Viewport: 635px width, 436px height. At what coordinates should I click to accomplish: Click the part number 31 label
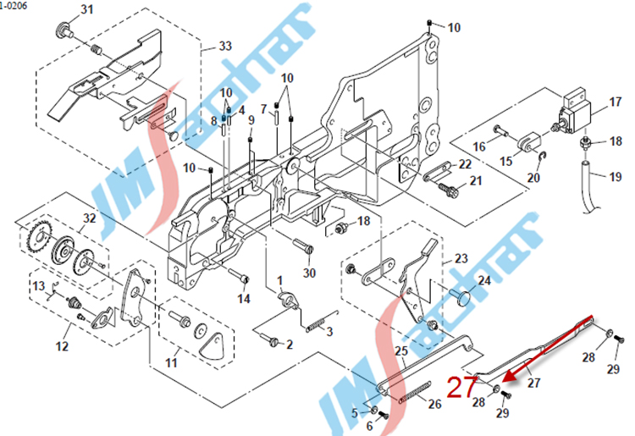point(88,9)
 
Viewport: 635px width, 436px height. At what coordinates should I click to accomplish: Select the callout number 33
point(224,45)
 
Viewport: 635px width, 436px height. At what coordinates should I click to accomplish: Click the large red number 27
point(461,389)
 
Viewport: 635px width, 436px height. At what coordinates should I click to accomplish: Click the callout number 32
point(89,218)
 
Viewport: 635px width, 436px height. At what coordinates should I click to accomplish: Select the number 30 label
point(309,273)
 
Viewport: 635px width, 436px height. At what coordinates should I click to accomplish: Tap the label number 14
point(244,298)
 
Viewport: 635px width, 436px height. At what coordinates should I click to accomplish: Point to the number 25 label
point(401,351)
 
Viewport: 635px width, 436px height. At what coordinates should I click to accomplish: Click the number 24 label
point(484,280)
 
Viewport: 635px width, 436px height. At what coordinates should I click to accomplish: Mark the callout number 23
point(461,258)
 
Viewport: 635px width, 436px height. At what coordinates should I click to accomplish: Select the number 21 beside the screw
point(475,180)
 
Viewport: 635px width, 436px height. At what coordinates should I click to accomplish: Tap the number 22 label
point(466,164)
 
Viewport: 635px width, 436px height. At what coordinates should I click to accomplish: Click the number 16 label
point(480,146)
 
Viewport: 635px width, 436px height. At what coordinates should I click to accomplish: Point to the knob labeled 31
point(63,32)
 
